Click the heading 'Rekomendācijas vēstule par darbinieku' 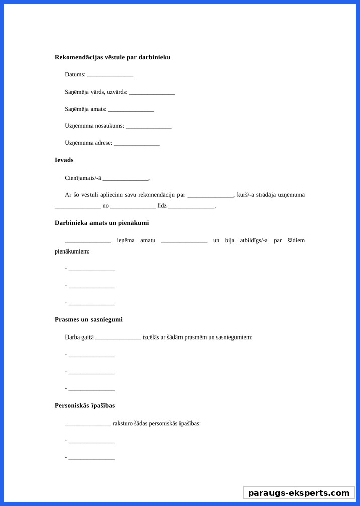click(113, 57)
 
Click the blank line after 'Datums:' click(110, 75)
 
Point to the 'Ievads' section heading click(64, 160)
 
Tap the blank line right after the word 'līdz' click(192, 206)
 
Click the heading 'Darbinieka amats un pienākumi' click(102, 223)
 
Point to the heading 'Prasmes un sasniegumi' click(88, 320)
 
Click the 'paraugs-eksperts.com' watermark click(299, 493)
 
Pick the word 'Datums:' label click(75, 74)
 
